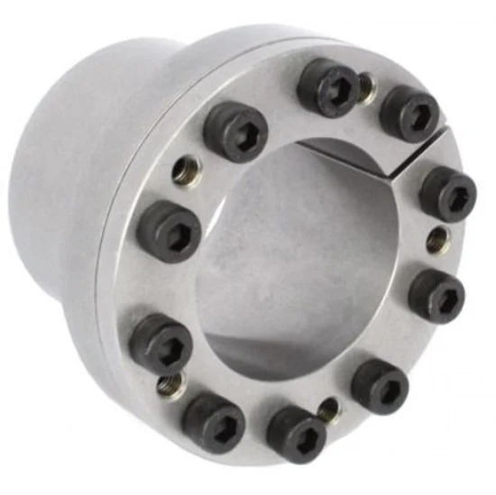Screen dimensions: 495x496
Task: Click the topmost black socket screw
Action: click(x=326, y=86)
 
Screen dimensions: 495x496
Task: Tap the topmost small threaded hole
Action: click(x=365, y=85)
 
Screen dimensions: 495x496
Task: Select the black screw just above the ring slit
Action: click(x=409, y=114)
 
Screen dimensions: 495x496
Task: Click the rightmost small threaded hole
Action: click(x=436, y=240)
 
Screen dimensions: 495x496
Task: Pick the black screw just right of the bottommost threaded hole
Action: click(x=379, y=386)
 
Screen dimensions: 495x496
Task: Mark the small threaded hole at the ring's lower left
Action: click(x=168, y=386)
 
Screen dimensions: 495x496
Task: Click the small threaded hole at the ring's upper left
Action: click(x=187, y=170)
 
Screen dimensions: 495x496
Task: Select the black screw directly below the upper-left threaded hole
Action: click(x=169, y=229)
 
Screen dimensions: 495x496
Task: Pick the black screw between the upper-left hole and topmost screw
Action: click(x=235, y=130)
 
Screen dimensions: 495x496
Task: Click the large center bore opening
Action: click(x=298, y=261)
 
